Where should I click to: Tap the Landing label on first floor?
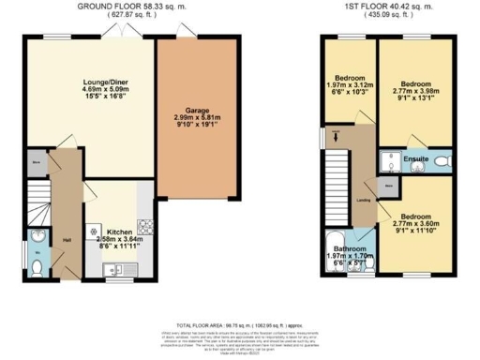pos(361,200)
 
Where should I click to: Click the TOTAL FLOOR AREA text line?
pos(240,322)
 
